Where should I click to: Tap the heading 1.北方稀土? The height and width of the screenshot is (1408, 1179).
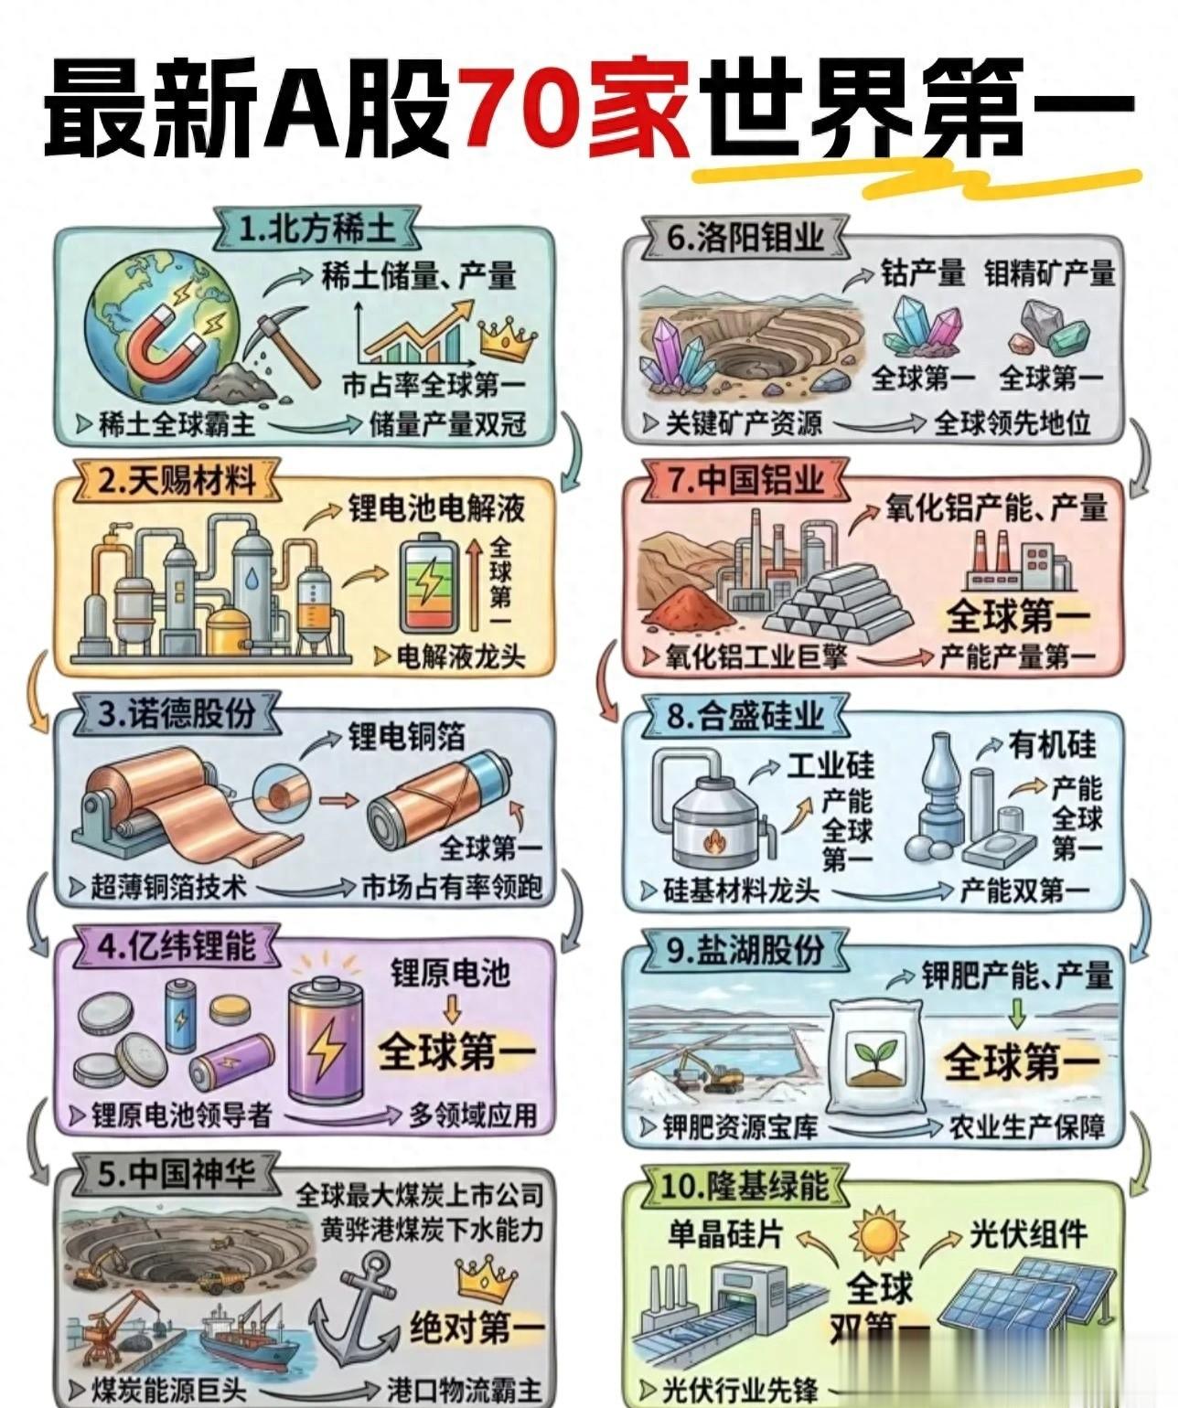[x=316, y=229]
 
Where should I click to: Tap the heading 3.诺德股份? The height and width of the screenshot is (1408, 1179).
[x=177, y=713]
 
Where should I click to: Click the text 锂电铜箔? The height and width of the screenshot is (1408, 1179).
[x=406, y=736]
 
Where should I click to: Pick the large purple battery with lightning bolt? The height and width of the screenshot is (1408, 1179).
[x=325, y=1042]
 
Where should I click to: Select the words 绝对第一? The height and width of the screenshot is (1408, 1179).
[x=477, y=1328]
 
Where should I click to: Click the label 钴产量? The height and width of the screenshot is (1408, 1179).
[x=922, y=273]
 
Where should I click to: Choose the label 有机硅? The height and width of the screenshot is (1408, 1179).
[x=1052, y=744]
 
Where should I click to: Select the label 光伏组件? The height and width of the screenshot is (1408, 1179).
[x=1029, y=1234]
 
